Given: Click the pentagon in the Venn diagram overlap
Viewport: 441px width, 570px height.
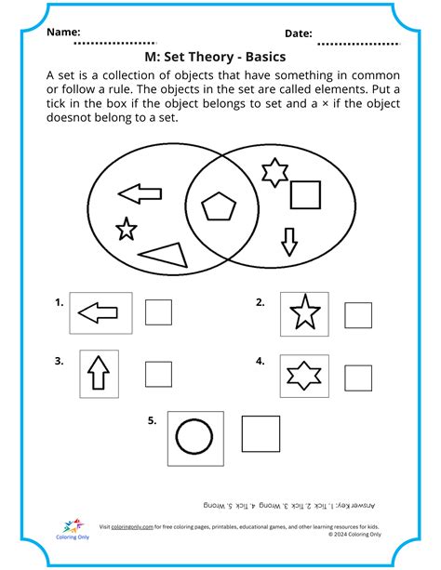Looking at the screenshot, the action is (x=220, y=207).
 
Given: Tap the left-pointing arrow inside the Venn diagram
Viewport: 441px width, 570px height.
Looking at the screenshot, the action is (x=140, y=193).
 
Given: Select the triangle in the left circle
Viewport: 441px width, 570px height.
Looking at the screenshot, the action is (x=160, y=254).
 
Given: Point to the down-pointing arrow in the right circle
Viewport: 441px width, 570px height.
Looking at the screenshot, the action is (x=289, y=242).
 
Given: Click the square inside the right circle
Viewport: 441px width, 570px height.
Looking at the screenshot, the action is (x=305, y=195).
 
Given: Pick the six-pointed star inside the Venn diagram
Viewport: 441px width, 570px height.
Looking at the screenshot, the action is (x=272, y=172).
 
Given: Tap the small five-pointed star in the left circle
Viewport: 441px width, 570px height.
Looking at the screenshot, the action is (x=126, y=227).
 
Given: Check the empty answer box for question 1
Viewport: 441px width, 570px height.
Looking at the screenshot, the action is (x=158, y=312).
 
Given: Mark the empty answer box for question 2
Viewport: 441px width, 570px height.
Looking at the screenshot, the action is (x=358, y=315).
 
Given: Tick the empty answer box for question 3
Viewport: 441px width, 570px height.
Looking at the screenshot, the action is (x=158, y=374).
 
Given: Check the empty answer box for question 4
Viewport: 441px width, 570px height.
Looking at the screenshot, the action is (x=358, y=377).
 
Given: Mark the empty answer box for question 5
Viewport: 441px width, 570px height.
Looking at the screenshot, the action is (x=261, y=434).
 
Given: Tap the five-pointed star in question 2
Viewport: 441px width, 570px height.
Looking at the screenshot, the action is (x=303, y=314).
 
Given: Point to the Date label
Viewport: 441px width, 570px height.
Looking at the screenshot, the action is (x=298, y=33).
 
